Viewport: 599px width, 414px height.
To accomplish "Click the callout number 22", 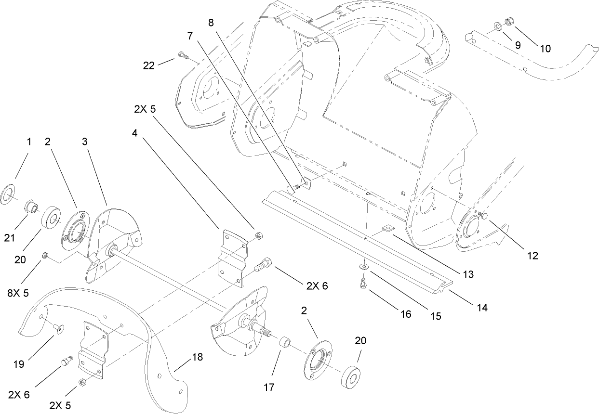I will click(149, 65).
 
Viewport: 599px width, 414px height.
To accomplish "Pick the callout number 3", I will click(85, 142).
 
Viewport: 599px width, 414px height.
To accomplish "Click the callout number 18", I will click(197, 357).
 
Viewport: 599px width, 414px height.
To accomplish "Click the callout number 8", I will click(210, 22).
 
